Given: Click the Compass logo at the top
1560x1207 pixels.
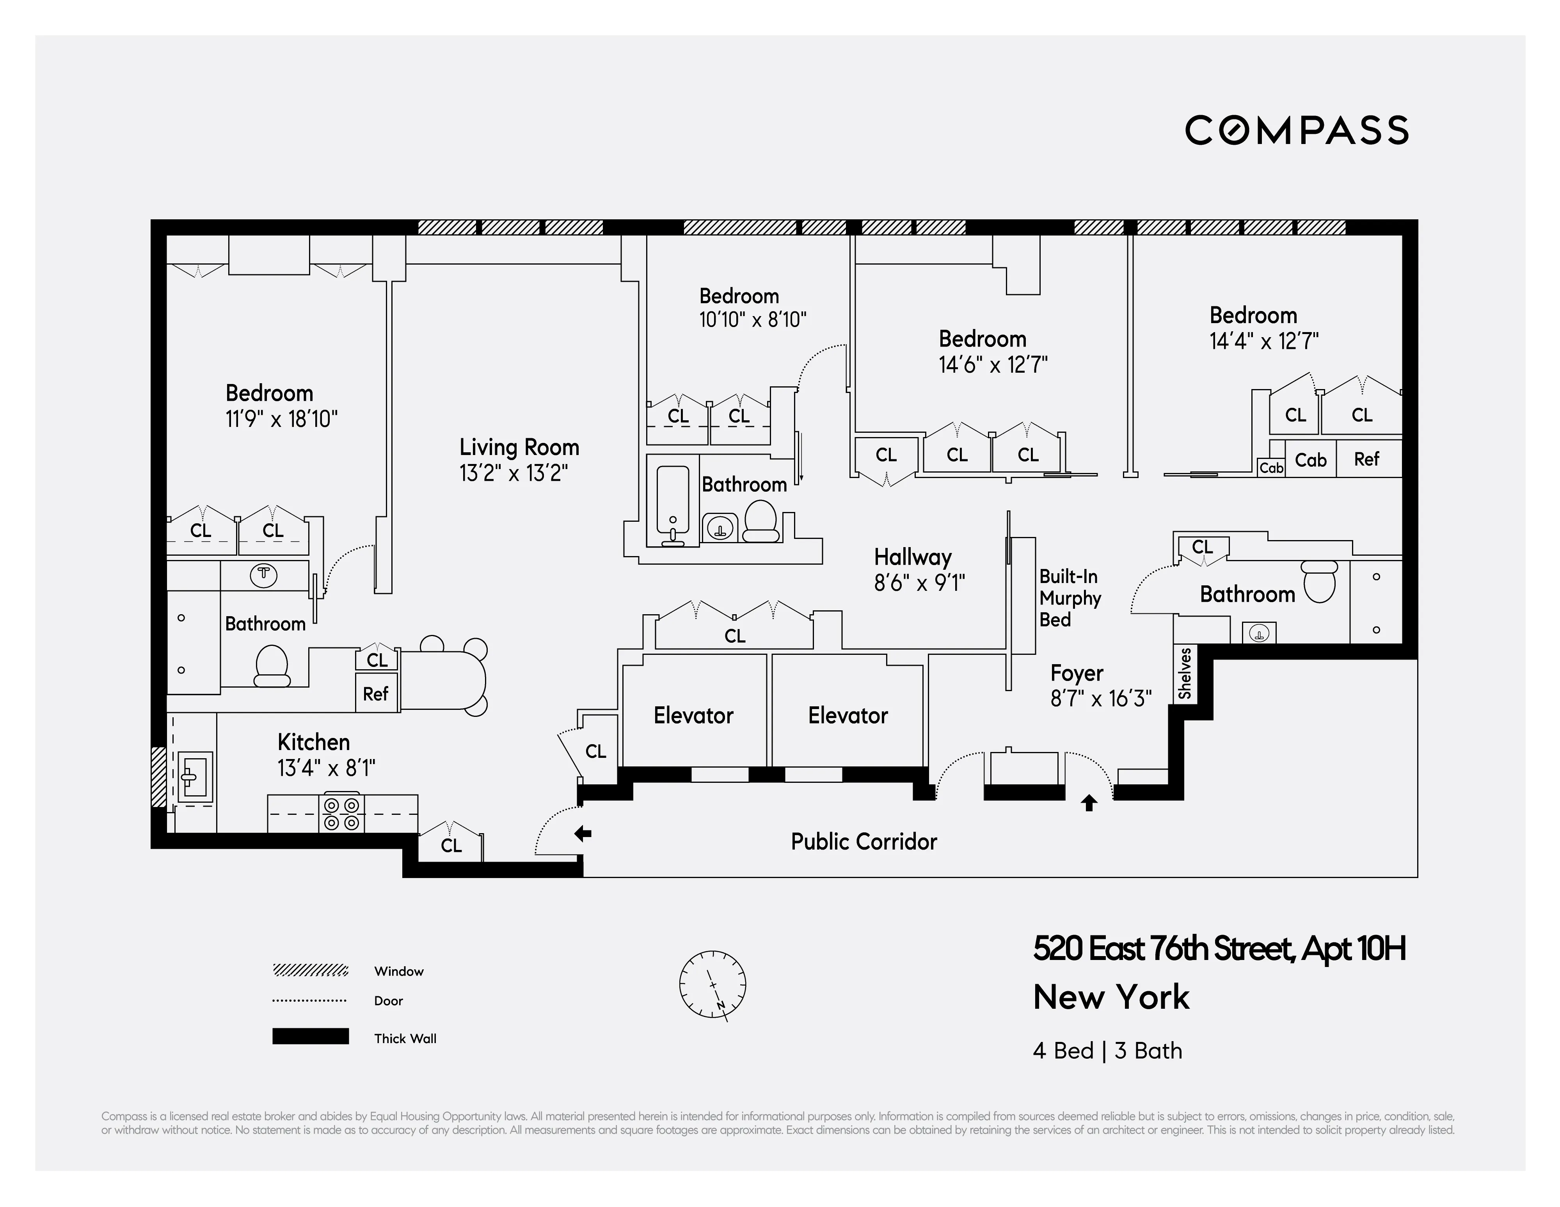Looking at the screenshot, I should pos(1297,131).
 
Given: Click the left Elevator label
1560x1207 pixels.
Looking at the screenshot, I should pos(693,716).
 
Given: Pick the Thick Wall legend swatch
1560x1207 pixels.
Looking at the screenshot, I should pos(310,1036).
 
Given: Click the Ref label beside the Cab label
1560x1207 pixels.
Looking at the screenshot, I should pos(1366,459).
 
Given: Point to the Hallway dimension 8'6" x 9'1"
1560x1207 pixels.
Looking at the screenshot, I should pos(919,583).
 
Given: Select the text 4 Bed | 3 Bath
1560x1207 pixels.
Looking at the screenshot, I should pos(1107,1051).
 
